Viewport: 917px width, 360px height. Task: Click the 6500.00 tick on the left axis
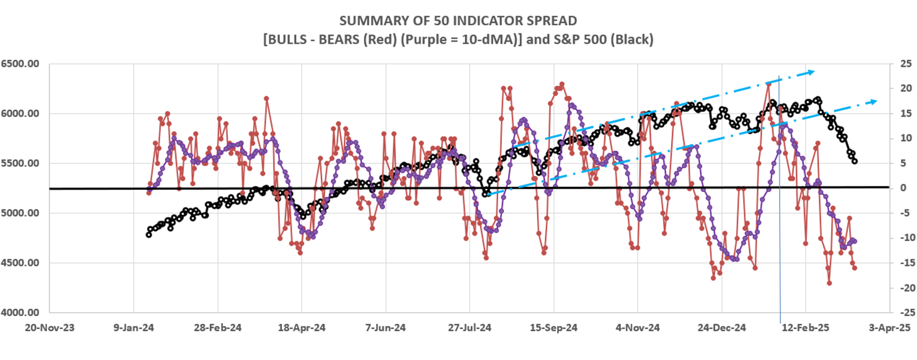point(20,63)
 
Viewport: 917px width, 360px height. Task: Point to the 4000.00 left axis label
point(20,313)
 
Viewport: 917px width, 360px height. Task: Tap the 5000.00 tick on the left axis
point(20,213)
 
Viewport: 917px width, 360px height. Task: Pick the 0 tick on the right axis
point(903,188)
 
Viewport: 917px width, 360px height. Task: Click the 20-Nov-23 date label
point(49,328)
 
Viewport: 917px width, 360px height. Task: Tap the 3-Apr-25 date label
point(890,328)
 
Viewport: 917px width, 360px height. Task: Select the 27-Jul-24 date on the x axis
point(470,328)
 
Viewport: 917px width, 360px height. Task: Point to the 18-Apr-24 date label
point(302,328)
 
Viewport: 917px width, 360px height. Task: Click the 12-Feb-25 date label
point(806,328)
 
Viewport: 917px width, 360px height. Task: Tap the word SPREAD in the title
point(550,21)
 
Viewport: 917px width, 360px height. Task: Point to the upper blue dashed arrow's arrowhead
point(811,72)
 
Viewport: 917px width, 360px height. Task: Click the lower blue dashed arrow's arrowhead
point(874,102)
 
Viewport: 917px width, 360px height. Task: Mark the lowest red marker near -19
point(829,283)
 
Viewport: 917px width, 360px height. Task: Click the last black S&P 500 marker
point(855,161)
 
